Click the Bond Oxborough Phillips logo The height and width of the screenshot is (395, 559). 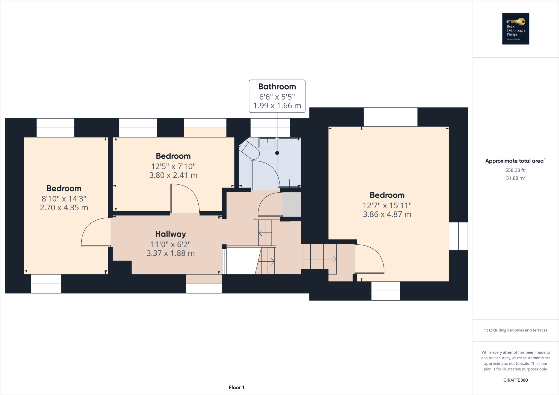coord(516,29)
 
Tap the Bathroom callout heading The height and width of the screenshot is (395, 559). coord(277,87)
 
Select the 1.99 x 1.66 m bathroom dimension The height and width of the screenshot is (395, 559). coord(277,106)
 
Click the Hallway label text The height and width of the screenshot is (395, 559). coord(171,234)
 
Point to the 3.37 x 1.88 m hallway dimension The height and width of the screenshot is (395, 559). coord(171,253)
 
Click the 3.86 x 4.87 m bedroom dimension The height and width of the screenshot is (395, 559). coord(387,214)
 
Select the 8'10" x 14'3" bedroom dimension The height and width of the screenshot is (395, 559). coord(64,199)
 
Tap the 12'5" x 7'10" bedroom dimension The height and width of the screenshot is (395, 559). coord(173,166)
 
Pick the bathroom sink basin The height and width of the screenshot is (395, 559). coord(267,143)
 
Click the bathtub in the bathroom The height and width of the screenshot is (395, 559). coord(289,162)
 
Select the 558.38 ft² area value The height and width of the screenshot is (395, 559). coord(516,170)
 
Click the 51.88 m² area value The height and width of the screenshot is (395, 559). coord(516,178)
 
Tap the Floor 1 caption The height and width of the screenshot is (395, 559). coord(236,388)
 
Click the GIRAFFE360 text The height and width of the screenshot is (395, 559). coord(516,380)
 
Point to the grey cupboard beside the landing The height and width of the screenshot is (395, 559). coord(292,205)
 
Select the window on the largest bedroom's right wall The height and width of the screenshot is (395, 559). coord(458,236)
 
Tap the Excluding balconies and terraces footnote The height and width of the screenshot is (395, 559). coord(516,330)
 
